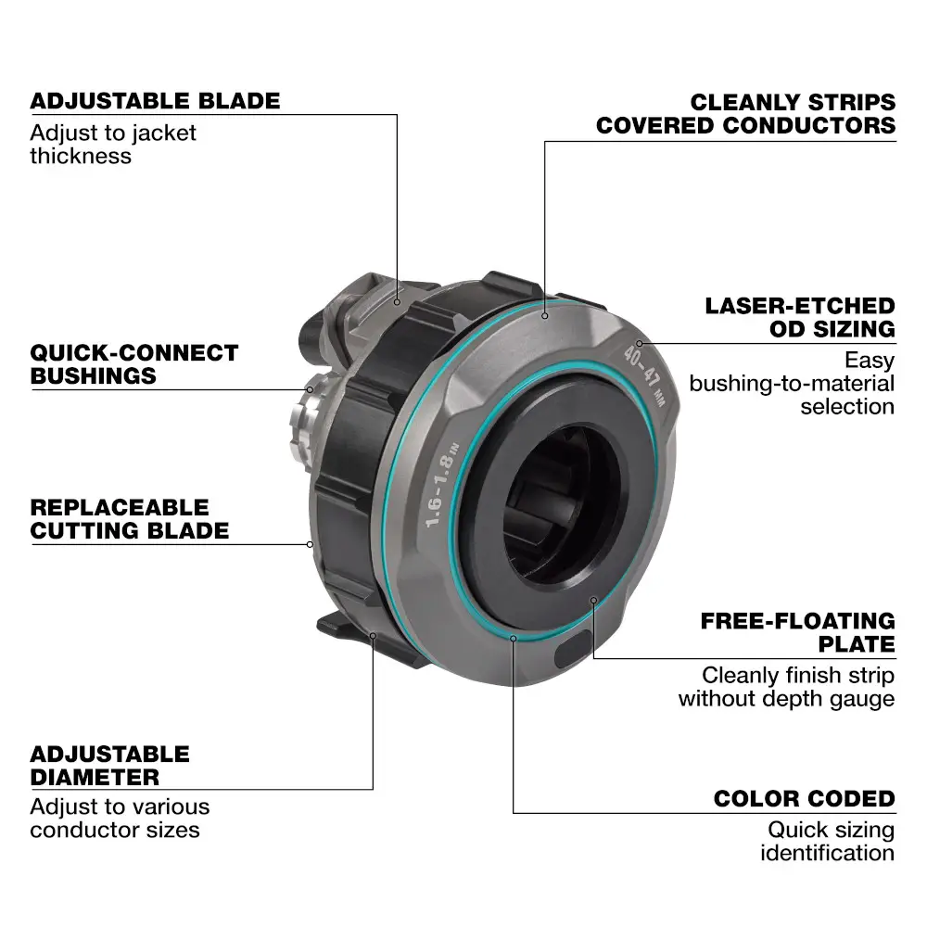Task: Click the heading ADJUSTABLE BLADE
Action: click(155, 100)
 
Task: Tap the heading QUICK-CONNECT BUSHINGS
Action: click(134, 364)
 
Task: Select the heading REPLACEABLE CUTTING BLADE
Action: click(130, 519)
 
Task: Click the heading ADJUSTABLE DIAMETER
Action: click(109, 765)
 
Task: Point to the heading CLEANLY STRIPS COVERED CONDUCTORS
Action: click(746, 113)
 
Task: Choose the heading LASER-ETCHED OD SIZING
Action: click(800, 317)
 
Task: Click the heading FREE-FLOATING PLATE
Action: click(798, 632)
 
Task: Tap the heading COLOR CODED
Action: click(804, 799)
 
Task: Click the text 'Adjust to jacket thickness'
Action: click(113, 144)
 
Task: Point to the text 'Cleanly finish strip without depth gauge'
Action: click(786, 687)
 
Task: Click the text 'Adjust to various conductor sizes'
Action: click(120, 818)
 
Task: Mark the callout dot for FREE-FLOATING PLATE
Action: click(593, 601)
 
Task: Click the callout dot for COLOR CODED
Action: click(513, 637)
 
